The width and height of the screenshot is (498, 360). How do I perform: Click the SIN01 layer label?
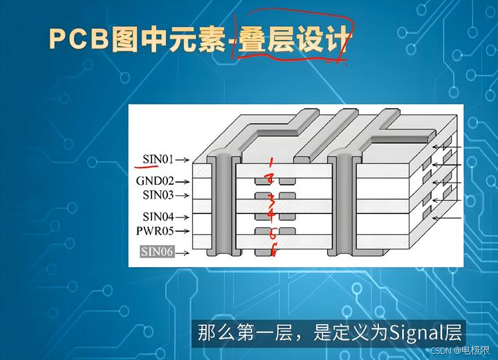(x=158, y=159)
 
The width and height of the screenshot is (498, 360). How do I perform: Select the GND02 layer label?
(x=154, y=181)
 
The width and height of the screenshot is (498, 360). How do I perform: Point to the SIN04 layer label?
(x=157, y=217)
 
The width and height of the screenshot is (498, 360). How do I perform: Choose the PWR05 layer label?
(x=155, y=231)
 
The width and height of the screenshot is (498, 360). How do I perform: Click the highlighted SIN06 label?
(x=157, y=252)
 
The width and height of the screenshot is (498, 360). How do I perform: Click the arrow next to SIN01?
(x=182, y=160)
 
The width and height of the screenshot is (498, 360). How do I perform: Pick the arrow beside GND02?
(x=182, y=181)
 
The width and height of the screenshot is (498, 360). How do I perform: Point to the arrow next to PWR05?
(x=182, y=231)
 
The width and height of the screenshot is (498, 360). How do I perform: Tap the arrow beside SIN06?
(x=182, y=253)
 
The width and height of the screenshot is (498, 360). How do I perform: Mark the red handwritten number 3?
(x=272, y=199)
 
